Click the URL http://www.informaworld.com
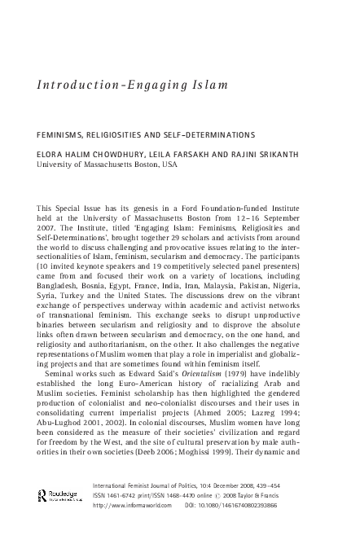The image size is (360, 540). pos(133,504)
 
